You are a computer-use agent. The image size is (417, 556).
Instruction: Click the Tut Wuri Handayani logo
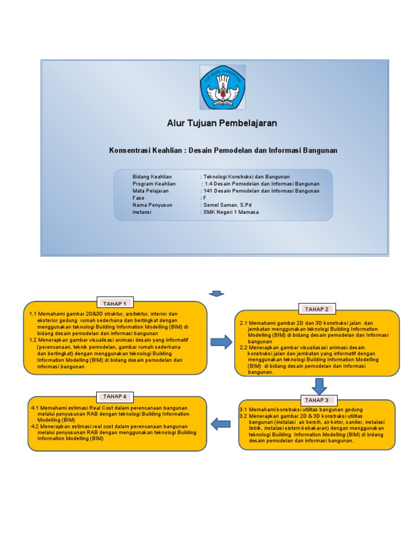coord(223,87)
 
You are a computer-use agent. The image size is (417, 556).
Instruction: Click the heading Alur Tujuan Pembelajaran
coord(222,123)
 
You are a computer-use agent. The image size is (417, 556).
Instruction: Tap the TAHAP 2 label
coord(317,309)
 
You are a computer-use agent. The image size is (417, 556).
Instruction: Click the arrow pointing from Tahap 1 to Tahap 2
coord(220,342)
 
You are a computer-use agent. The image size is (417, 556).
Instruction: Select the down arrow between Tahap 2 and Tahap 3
coord(319,386)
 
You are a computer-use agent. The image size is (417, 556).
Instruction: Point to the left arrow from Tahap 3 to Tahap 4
coord(220,424)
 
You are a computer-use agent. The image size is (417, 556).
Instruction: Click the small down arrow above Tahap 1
coord(217,294)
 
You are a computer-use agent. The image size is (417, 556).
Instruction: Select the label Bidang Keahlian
coord(152,177)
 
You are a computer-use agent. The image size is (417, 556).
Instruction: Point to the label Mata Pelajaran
coord(150,191)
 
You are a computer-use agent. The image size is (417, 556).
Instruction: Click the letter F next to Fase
coord(204,198)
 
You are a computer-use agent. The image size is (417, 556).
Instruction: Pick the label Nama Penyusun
coord(152,205)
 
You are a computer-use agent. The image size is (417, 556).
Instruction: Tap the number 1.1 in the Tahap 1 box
coord(32,314)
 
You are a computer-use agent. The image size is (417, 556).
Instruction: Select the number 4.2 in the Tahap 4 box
coord(35,427)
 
